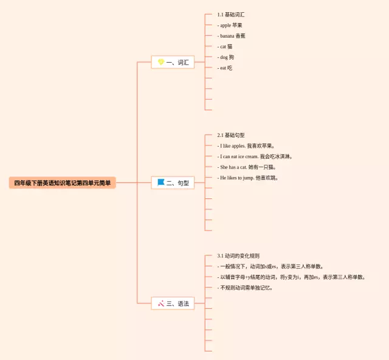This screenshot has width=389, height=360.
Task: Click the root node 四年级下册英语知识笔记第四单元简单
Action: [x=62, y=182]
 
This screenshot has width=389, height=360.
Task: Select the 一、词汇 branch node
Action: [x=173, y=62]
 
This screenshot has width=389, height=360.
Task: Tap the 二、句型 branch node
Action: [x=173, y=182]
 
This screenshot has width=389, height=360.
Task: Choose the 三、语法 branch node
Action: [x=173, y=303]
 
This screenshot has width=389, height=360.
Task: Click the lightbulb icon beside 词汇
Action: [x=160, y=62]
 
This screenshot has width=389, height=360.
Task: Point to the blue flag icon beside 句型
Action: [x=160, y=182]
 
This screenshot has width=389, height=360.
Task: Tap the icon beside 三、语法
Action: [x=160, y=303]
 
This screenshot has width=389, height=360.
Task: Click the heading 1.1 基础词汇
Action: [x=230, y=15]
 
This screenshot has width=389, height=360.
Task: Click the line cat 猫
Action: [x=225, y=47]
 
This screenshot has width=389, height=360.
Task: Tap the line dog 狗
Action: [x=226, y=57]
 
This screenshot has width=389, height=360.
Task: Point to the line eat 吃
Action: [x=225, y=68]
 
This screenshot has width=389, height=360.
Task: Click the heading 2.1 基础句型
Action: [x=230, y=135]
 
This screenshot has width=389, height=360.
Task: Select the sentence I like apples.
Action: [x=247, y=146]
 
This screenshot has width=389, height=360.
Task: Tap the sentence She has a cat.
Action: [x=247, y=167]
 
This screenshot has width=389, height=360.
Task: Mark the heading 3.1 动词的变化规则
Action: [x=238, y=255]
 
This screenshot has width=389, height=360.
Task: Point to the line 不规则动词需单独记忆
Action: [x=246, y=288]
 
